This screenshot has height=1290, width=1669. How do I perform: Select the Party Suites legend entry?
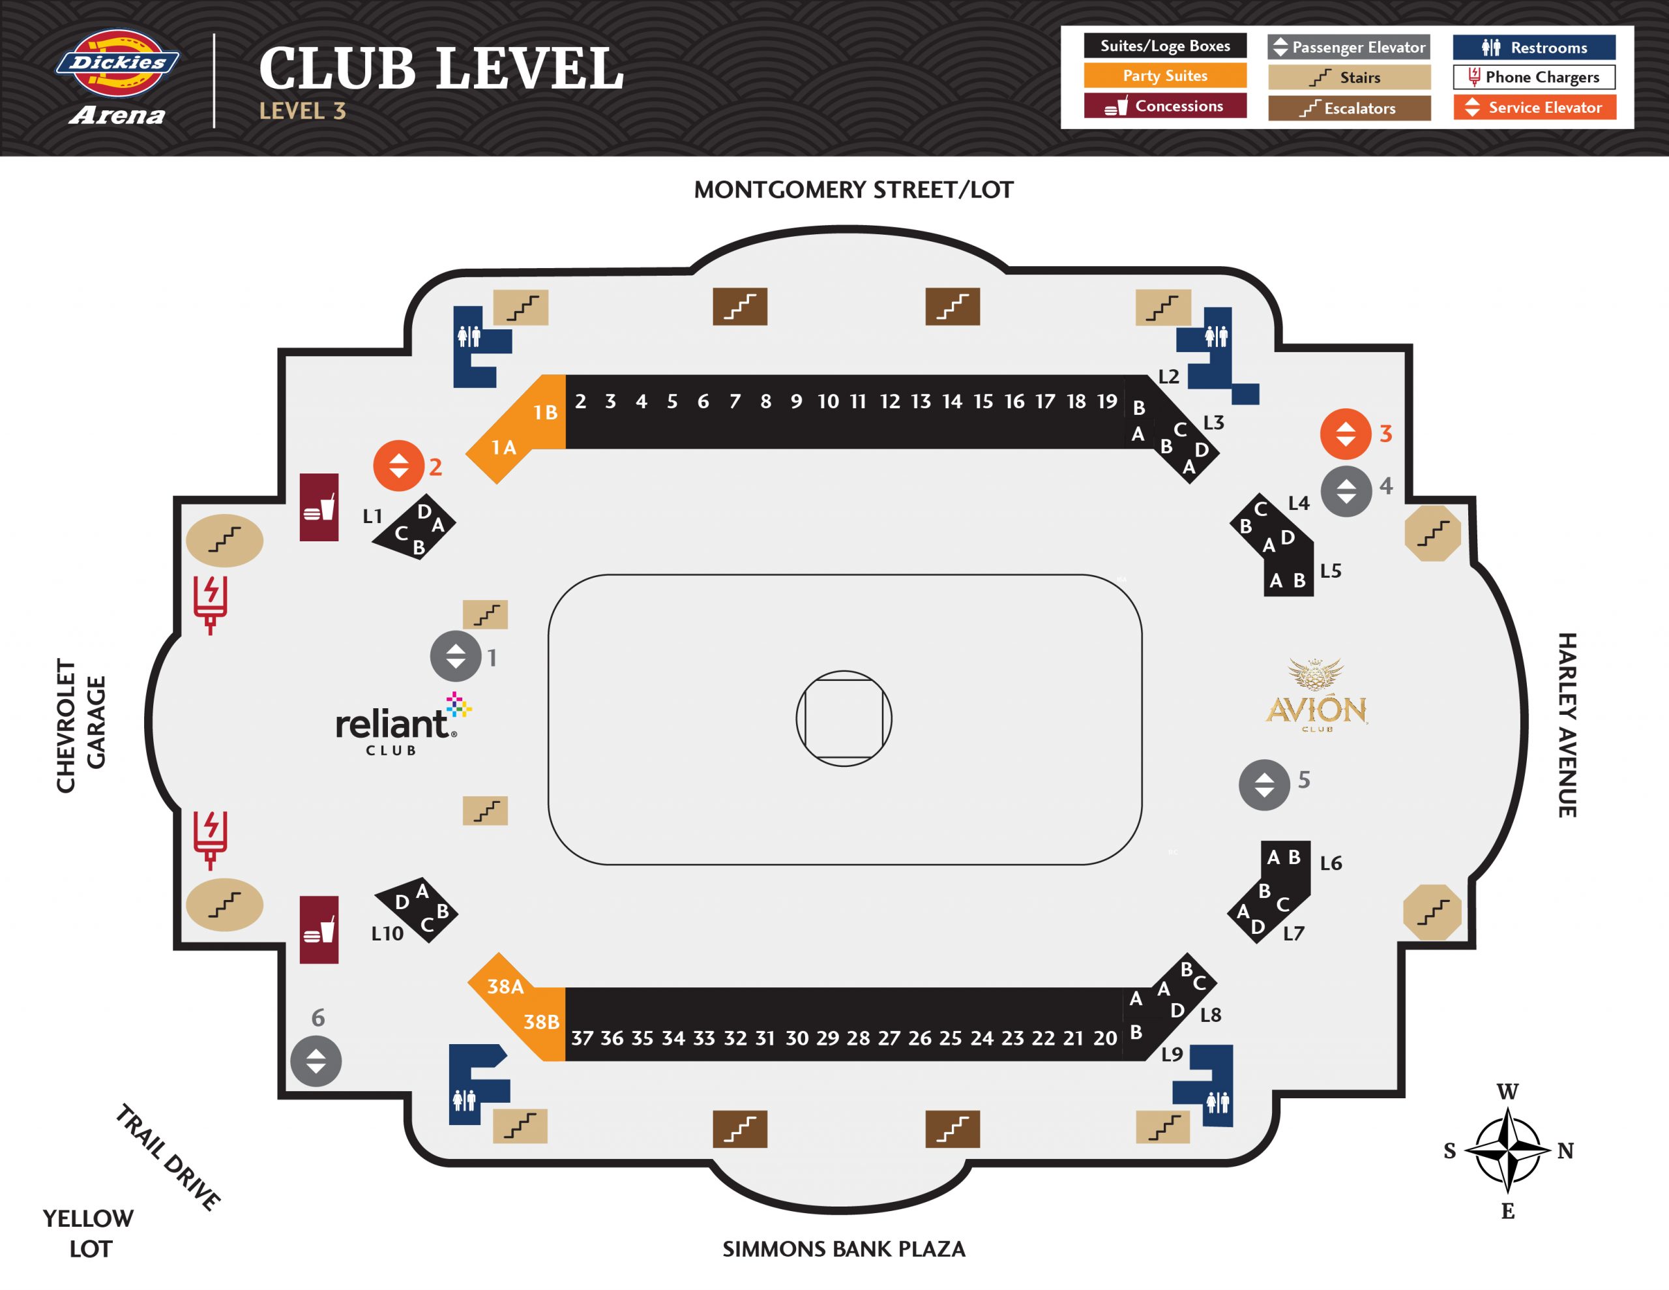pyautogui.click(x=1164, y=76)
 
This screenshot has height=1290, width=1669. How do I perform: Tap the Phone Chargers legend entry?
pyautogui.click(x=1534, y=77)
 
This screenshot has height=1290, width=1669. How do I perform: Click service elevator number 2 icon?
pyautogui.click(x=398, y=466)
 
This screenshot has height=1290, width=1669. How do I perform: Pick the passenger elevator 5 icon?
pyautogui.click(x=1264, y=785)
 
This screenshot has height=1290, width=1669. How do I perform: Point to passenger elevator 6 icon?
pyautogui.click(x=316, y=1060)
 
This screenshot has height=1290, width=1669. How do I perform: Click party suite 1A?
pyautogui.click(x=503, y=447)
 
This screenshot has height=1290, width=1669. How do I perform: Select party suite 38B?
pyautogui.click(x=541, y=1021)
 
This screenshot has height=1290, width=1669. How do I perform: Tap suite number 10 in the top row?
pyautogui.click(x=827, y=402)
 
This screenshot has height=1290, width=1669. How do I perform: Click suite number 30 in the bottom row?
pyautogui.click(x=796, y=1038)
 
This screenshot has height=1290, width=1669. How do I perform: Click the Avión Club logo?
pyautogui.click(x=1316, y=695)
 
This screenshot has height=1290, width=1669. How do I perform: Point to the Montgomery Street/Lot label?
pyautogui.click(x=853, y=190)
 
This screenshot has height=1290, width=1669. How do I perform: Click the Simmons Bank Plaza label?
pyautogui.click(x=844, y=1249)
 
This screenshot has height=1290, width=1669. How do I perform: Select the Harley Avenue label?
pyautogui.click(x=1567, y=725)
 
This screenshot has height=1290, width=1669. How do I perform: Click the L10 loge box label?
pyautogui.click(x=387, y=934)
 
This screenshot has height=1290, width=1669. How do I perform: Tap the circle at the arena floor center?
pyautogui.click(x=844, y=719)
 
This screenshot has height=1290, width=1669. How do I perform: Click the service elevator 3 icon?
pyautogui.click(x=1345, y=434)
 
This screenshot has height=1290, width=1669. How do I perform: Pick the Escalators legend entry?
pyautogui.click(x=1349, y=108)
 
